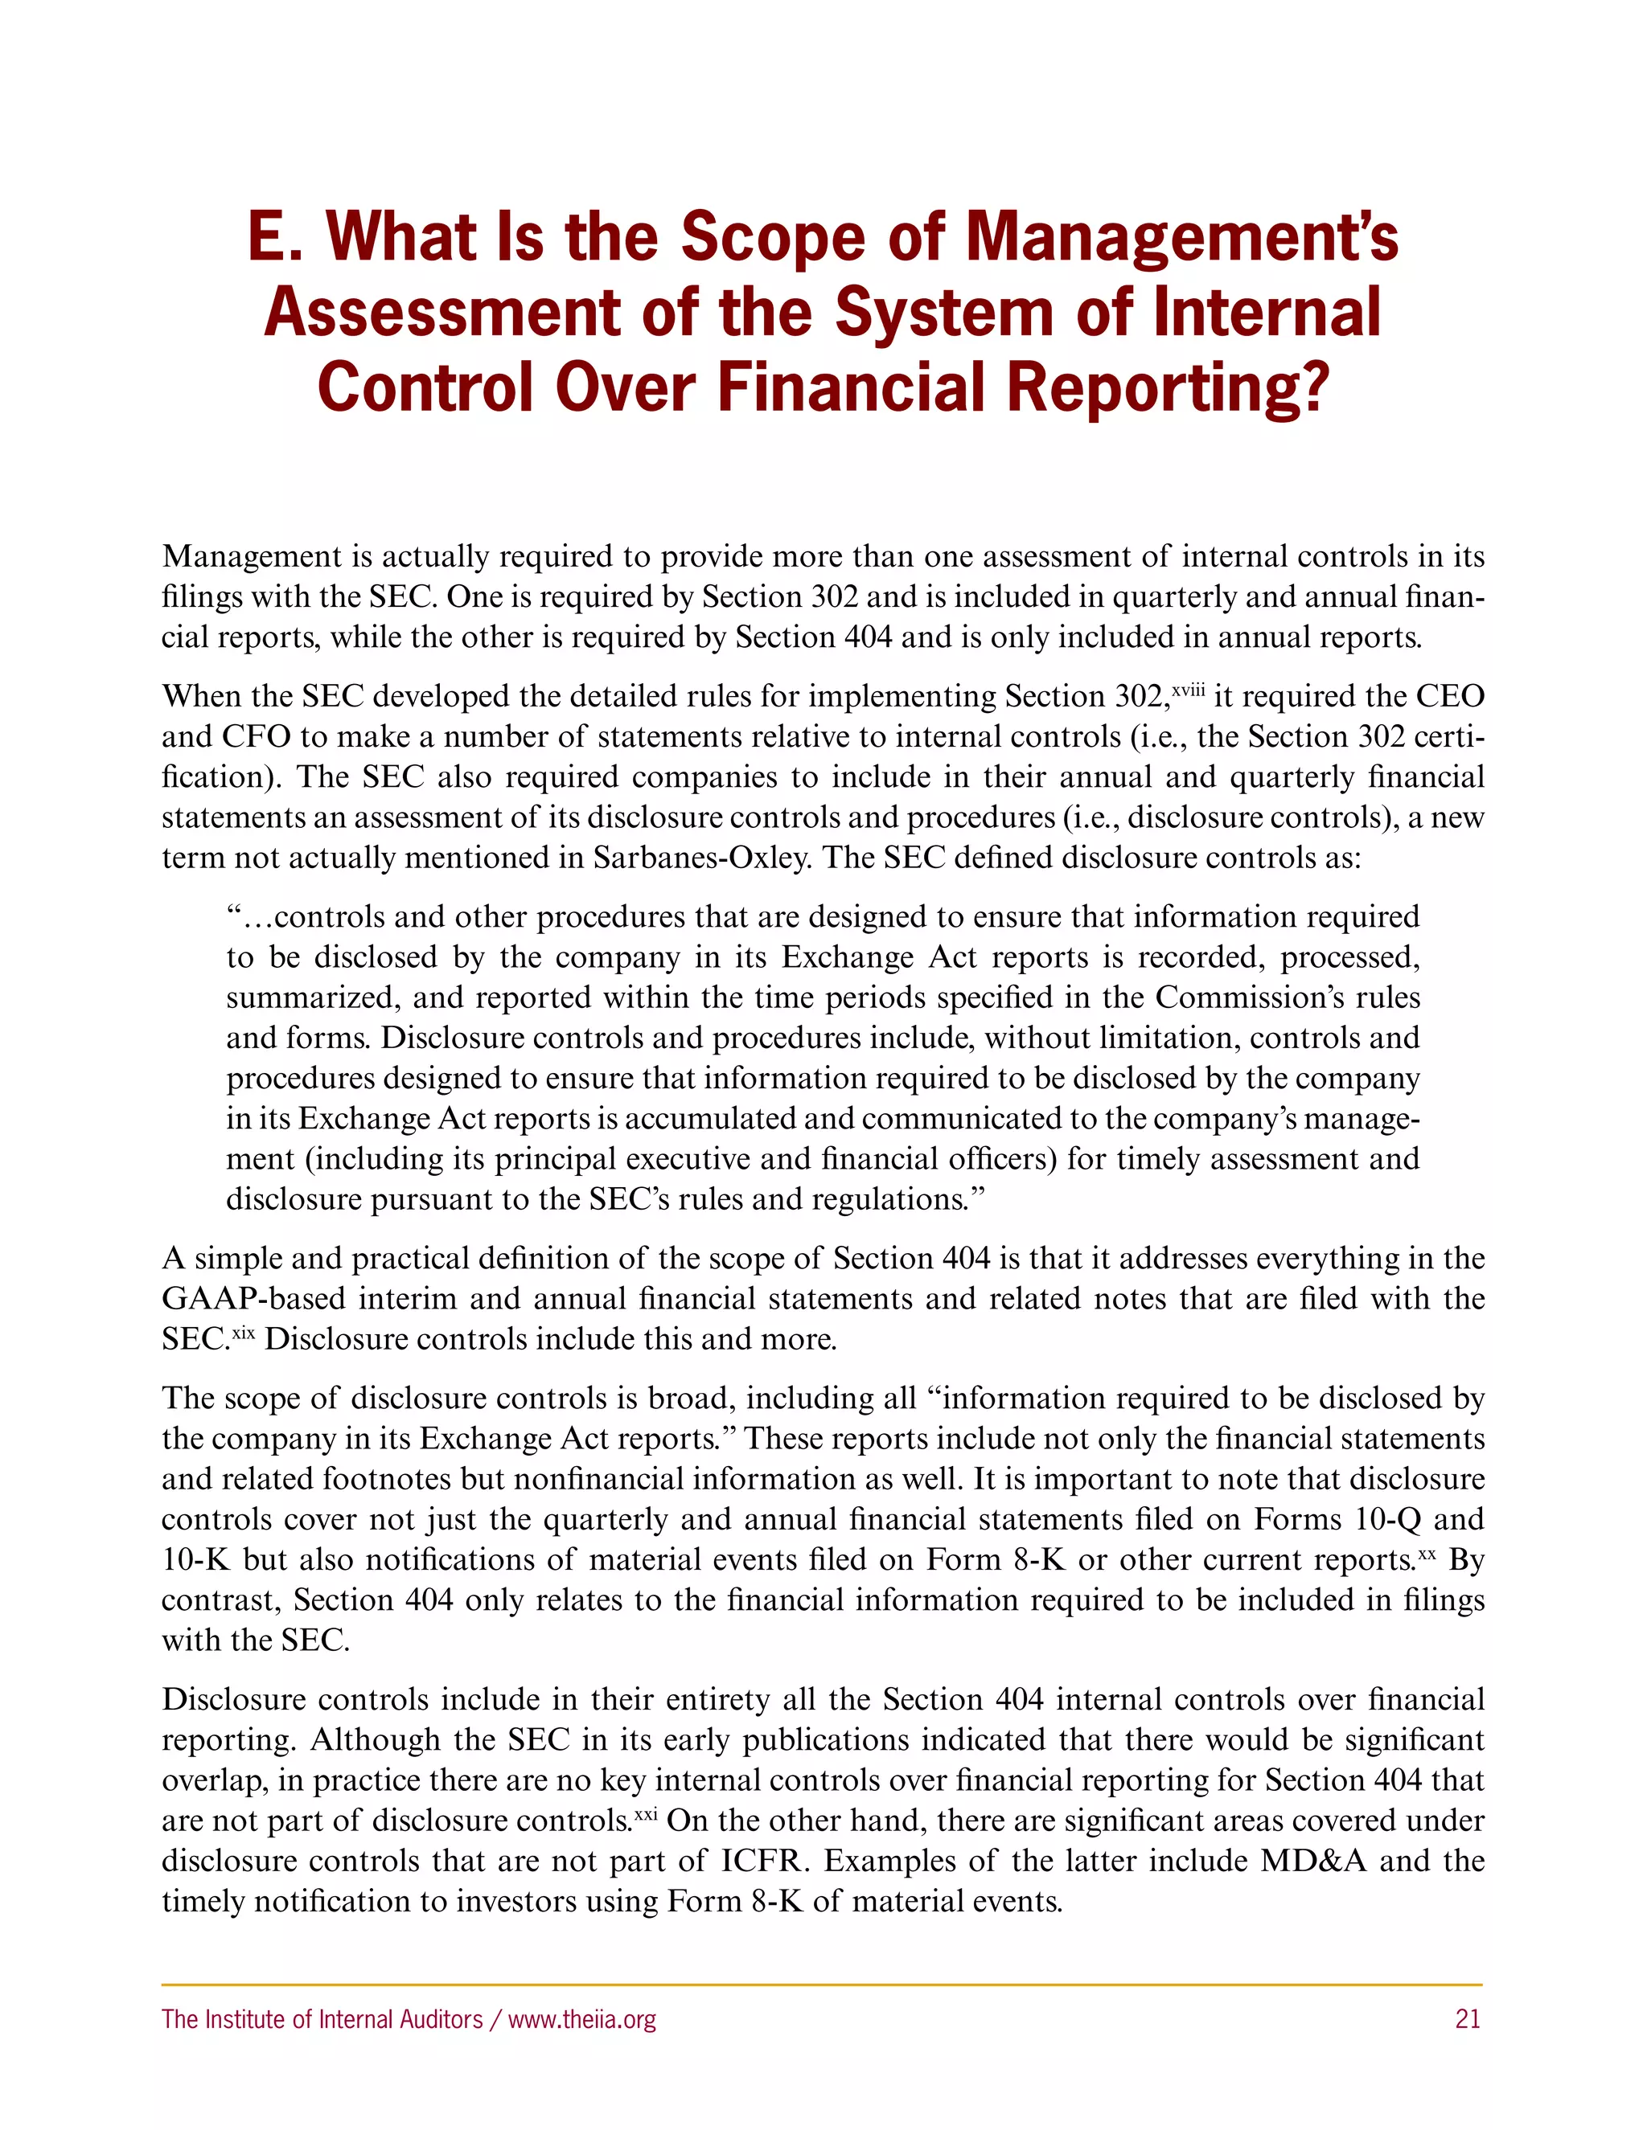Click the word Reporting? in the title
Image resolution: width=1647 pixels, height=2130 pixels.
click(x=1167, y=387)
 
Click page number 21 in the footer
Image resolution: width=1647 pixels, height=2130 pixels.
click(x=1468, y=2019)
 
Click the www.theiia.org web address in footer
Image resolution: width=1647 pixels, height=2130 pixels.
click(x=581, y=2019)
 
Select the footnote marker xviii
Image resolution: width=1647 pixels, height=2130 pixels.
click(x=1189, y=690)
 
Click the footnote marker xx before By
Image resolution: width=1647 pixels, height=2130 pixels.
click(x=1427, y=1553)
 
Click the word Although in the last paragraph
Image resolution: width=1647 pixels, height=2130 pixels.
click(x=365, y=1740)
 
